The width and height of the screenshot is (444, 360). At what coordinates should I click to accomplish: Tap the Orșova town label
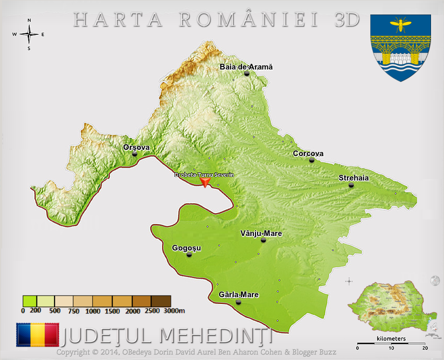tap(136, 147)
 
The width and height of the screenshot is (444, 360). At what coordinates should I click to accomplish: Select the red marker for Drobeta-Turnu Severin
tap(205, 182)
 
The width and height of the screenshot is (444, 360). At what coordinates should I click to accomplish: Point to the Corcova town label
tap(308, 154)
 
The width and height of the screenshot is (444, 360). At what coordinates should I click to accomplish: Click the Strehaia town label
tap(353, 178)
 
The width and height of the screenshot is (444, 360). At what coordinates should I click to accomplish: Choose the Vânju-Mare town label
tap(261, 233)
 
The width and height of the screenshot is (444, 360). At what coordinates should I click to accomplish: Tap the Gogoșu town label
tap(186, 248)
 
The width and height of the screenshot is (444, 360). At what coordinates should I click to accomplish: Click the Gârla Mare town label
tap(238, 295)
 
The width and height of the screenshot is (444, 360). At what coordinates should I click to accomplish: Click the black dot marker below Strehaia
tap(351, 185)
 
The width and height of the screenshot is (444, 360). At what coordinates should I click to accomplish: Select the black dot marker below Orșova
tap(134, 154)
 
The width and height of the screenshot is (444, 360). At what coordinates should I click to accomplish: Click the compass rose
tap(29, 35)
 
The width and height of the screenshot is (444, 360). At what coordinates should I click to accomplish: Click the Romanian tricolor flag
tap(37, 335)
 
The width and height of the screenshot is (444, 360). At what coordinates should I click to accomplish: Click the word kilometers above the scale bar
tap(391, 339)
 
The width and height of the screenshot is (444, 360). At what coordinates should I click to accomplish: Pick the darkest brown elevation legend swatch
tap(161, 301)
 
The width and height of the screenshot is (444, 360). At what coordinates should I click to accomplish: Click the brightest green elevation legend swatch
tap(30, 301)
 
